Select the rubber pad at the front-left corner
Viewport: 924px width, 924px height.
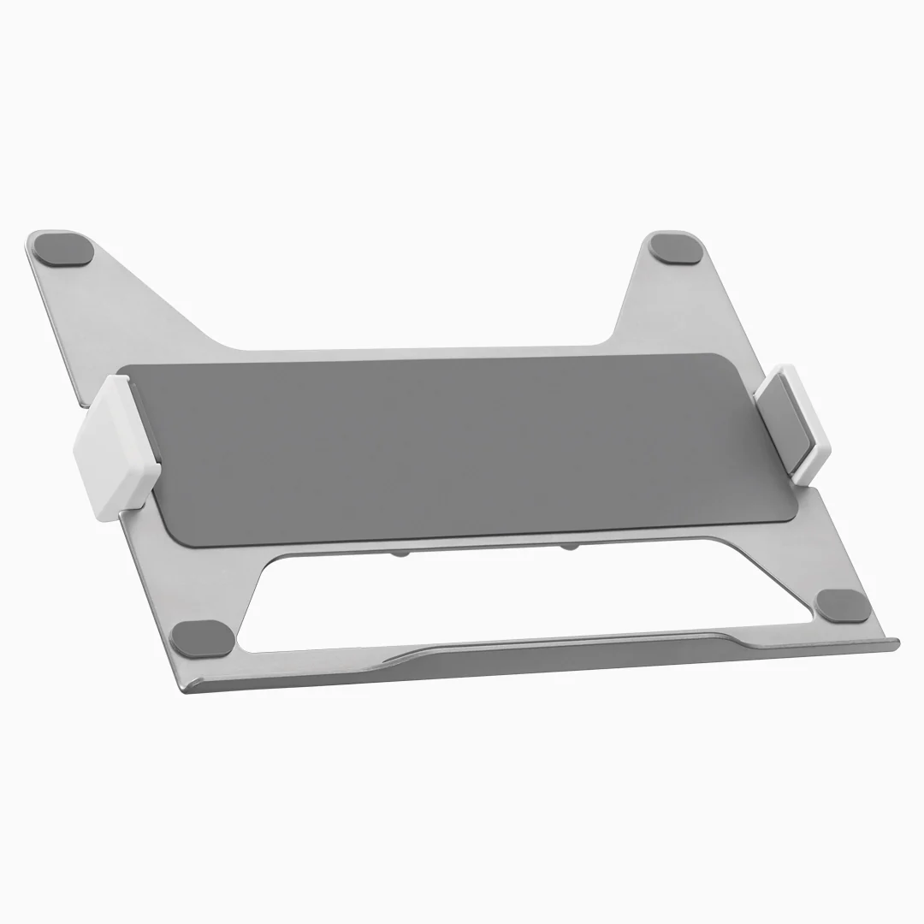[202, 637]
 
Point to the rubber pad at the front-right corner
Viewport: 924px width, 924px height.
[843, 605]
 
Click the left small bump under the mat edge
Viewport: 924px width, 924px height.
[400, 554]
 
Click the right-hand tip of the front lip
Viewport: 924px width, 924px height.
[894, 643]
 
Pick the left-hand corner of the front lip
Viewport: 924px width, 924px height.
[192, 685]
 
